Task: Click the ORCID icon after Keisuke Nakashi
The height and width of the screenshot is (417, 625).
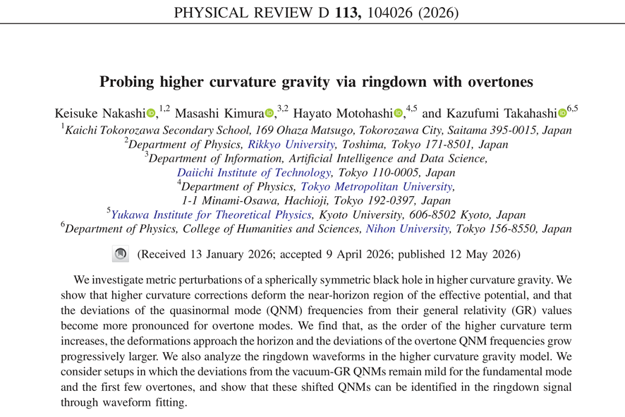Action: (151, 113)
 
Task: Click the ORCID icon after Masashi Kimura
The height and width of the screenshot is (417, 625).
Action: (269, 113)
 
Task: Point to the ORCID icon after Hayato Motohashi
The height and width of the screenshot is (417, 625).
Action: (398, 113)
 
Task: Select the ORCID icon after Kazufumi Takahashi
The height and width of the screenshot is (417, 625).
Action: (562, 113)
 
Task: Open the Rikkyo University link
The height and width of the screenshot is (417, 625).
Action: (291, 145)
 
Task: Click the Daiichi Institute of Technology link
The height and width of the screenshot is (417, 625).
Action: (254, 173)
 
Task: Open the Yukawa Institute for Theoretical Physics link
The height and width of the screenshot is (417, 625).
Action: (211, 215)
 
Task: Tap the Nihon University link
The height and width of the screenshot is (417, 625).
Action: (407, 229)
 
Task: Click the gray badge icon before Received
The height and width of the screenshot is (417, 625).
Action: (121, 254)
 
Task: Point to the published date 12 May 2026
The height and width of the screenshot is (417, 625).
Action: (483, 254)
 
